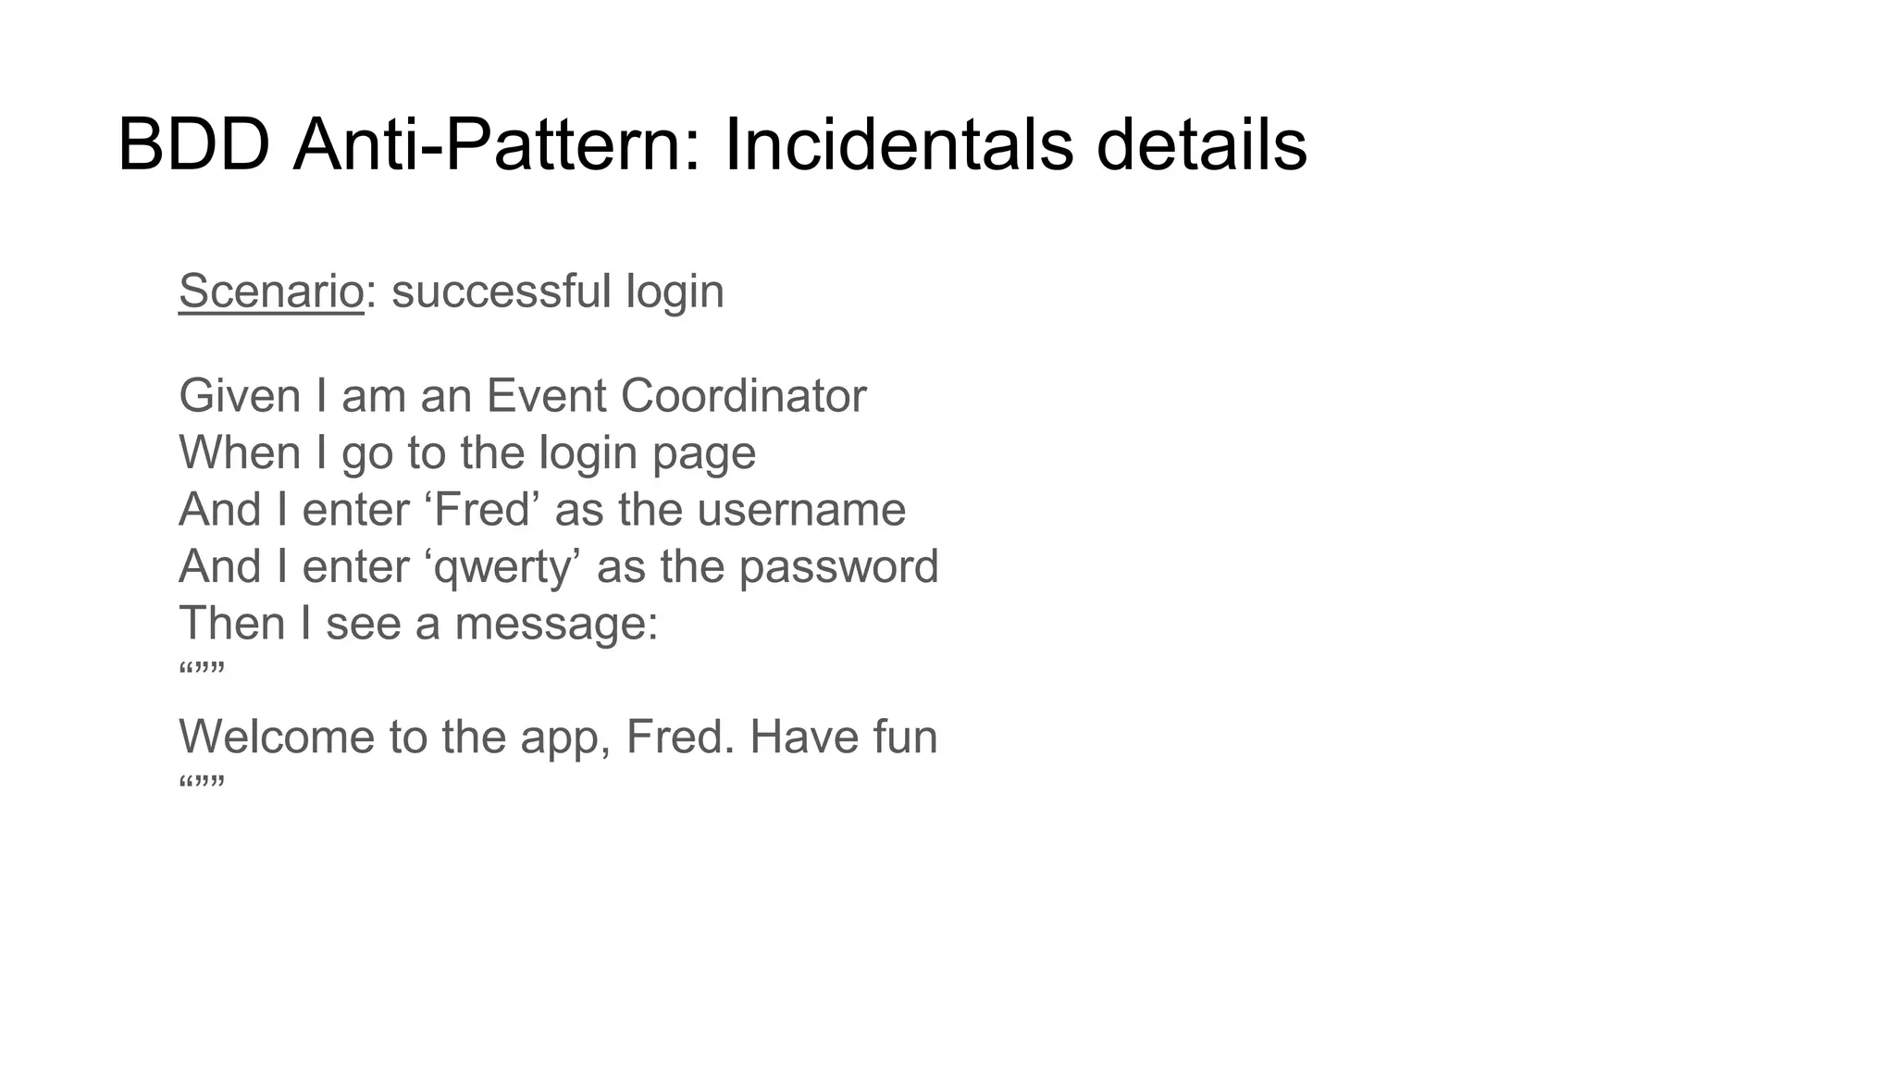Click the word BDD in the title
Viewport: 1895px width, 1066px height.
[193, 145]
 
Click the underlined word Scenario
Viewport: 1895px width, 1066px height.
[271, 291]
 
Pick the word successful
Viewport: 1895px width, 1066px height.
[501, 291]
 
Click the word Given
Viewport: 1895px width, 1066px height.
[240, 396]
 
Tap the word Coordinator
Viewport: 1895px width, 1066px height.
[743, 396]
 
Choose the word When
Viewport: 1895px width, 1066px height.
[240, 453]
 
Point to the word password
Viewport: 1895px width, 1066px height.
[838, 567]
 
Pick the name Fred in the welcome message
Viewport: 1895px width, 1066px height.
[675, 738]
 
